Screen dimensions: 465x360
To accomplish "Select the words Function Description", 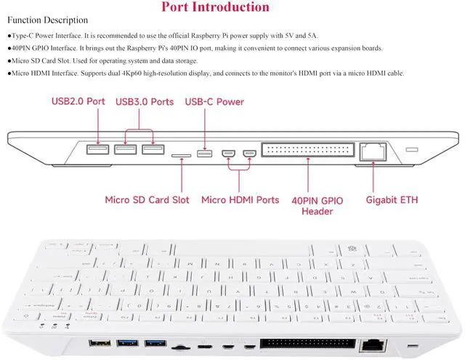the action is pyautogui.click(x=47, y=20).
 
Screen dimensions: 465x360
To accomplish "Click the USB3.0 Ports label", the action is pyautogui.click(x=145, y=102).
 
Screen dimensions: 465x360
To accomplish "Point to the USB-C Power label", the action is pyautogui.click(x=214, y=102).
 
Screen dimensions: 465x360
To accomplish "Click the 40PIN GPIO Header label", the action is pyautogui.click(x=317, y=204).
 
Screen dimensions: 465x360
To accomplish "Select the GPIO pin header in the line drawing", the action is pyautogui.click(x=307, y=151).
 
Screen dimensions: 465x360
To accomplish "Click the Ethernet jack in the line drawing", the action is pyautogui.click(x=375, y=151).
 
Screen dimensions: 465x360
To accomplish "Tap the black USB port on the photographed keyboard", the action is pyautogui.click(x=99, y=343).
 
